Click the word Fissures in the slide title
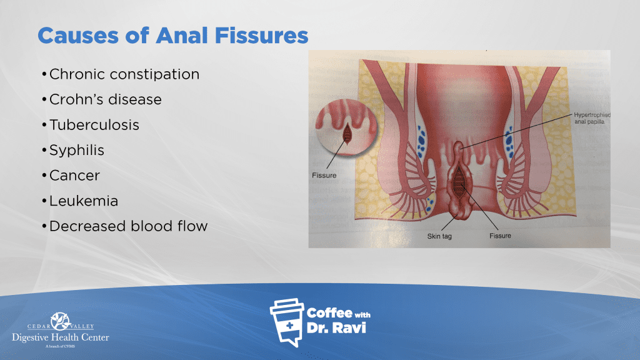(262, 36)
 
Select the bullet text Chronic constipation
(124, 75)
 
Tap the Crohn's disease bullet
(105, 99)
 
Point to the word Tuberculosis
(94, 125)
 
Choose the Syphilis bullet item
(77, 151)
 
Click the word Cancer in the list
(75, 176)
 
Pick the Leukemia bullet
(84, 201)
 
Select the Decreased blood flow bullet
(129, 226)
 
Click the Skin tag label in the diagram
(439, 236)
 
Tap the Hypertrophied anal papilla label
(592, 118)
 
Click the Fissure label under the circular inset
(324, 176)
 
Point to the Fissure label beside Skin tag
(500, 236)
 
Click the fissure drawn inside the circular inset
(347, 133)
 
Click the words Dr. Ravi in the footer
(336, 327)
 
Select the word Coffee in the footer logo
(329, 313)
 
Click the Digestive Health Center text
(61, 337)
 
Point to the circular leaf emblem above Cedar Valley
(61, 321)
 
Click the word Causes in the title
(78, 36)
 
